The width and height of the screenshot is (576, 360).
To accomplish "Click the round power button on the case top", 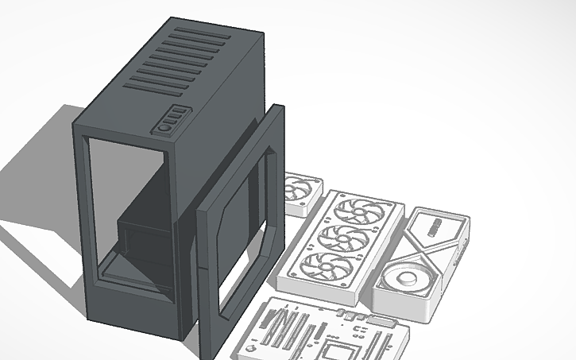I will click(165, 126).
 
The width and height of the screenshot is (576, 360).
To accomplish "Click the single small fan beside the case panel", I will click(300, 193).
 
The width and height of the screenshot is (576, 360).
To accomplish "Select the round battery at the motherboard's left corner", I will click(253, 348).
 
